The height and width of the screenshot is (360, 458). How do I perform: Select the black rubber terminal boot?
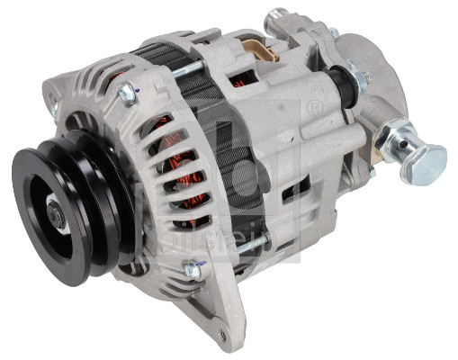click(342, 85)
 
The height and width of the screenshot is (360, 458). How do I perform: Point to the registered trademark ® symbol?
click(314, 109)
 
